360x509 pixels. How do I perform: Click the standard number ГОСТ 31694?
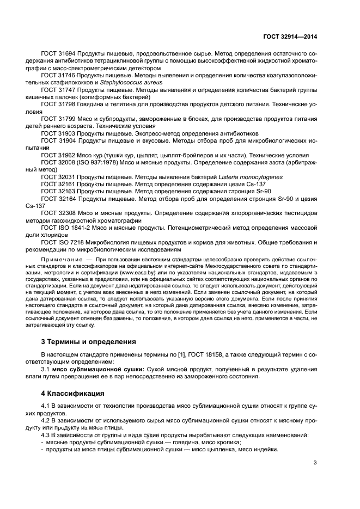(x=58, y=55)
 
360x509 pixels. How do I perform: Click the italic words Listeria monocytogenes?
(x=254, y=177)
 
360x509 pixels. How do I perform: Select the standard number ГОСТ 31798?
(x=58, y=102)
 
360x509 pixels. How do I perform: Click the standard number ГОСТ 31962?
(x=58, y=155)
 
